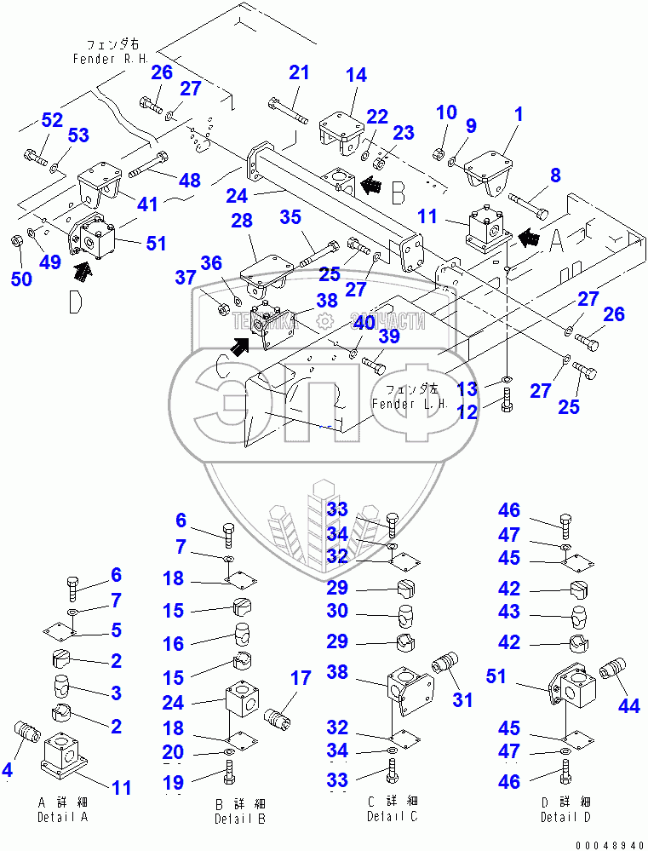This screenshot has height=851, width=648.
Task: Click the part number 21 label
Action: (298, 73)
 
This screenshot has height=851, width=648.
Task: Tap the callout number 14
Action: (356, 75)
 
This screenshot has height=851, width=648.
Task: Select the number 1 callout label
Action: (518, 113)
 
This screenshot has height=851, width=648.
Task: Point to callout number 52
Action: (52, 120)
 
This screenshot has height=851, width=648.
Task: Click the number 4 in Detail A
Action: (8, 771)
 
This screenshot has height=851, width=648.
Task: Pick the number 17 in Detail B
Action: (300, 679)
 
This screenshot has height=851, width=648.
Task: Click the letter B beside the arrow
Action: (398, 193)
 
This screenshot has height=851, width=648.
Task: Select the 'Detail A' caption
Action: (62, 817)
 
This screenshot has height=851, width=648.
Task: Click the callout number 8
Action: (555, 177)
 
